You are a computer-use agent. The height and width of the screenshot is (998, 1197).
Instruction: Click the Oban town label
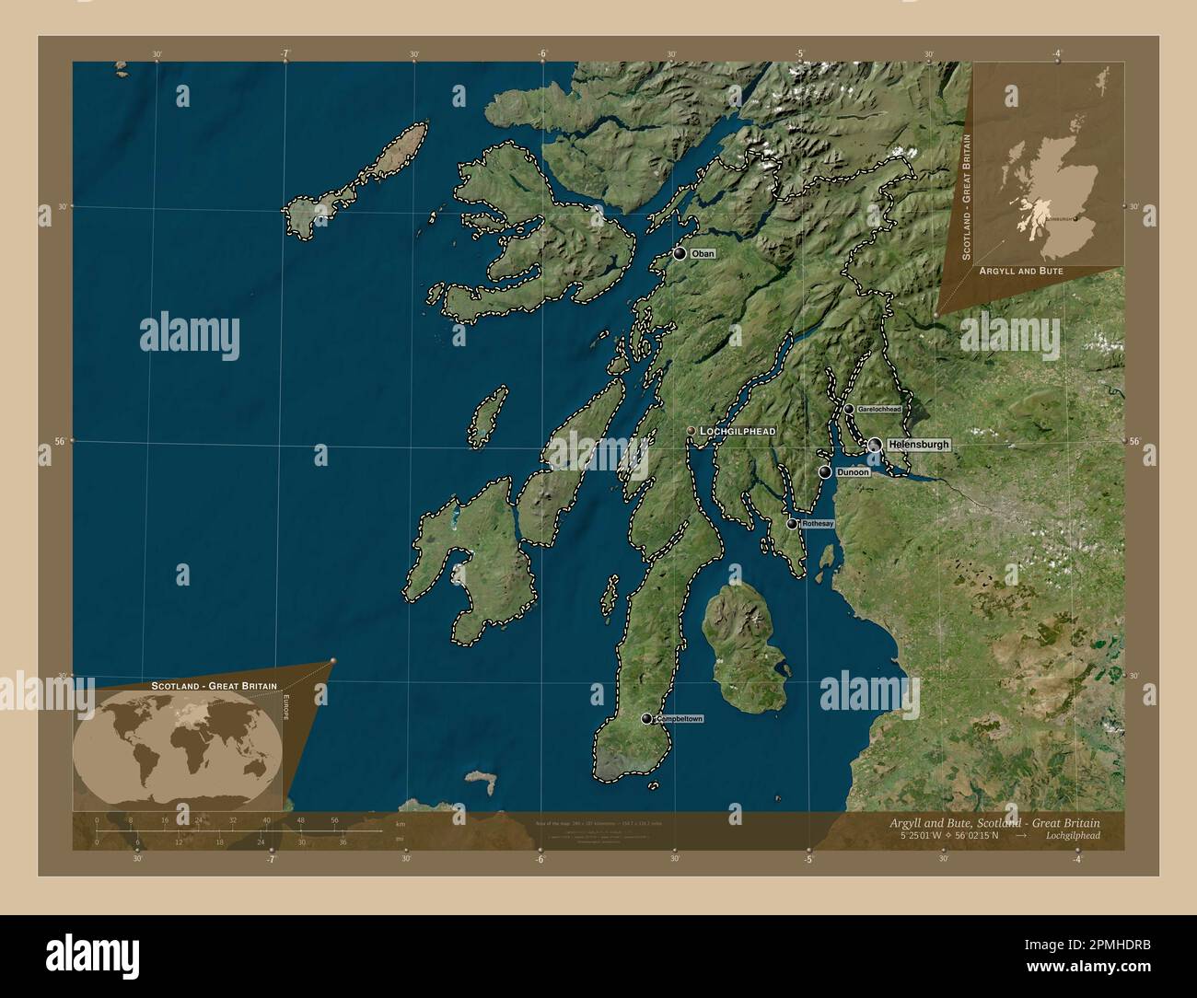703,253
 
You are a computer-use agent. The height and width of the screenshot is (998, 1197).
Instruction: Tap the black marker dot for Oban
680,253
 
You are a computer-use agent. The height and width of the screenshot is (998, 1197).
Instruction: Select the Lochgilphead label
738,431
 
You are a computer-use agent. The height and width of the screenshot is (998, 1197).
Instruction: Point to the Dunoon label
853,472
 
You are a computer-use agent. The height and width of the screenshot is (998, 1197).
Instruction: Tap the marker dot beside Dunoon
825,472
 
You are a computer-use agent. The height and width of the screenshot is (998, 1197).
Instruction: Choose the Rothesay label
818,524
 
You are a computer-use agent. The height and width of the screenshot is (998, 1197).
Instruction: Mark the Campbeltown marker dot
647,719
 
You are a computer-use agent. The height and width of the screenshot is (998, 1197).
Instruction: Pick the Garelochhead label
879,409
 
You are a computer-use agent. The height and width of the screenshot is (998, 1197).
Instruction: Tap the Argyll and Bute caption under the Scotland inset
1021,272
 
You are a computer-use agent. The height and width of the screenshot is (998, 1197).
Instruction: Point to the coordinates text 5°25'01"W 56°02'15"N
952,836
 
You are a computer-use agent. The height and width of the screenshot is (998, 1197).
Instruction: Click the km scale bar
239,831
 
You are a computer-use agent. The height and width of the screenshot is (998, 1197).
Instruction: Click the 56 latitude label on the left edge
57,441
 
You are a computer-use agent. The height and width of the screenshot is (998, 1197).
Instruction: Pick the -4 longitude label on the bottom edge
1076,860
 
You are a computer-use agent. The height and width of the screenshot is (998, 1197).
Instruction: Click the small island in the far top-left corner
119,67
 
